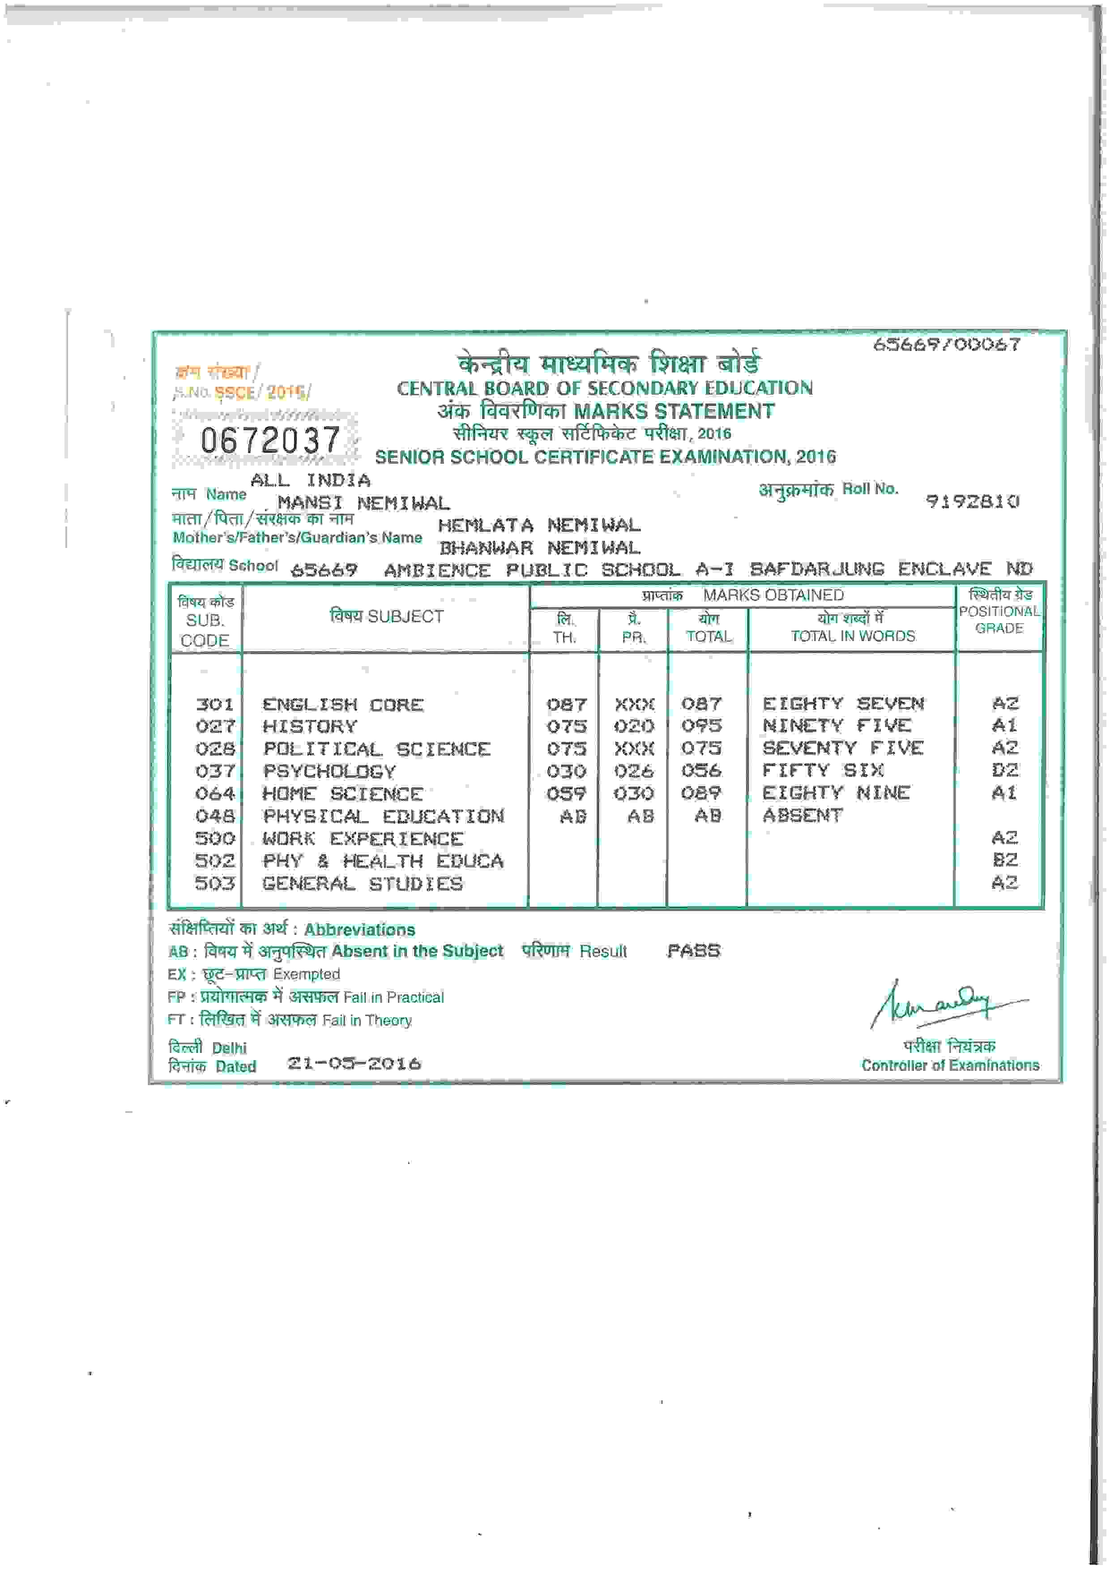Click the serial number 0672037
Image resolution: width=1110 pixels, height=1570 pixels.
click(270, 440)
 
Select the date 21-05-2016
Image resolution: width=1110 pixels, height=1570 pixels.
click(354, 1063)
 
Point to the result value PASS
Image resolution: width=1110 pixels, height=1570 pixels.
click(693, 950)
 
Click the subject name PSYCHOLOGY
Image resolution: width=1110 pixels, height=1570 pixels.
click(329, 771)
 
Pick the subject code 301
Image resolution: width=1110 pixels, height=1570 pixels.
click(215, 704)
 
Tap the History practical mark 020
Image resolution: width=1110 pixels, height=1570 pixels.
click(634, 726)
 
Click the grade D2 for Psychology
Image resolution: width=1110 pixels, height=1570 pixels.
click(1004, 770)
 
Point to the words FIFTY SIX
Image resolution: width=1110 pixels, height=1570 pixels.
click(823, 770)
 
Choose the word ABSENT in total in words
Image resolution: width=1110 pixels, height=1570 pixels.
click(803, 815)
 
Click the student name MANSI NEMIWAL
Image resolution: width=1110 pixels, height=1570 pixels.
click(363, 503)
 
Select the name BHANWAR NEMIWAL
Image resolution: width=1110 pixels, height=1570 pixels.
click(539, 548)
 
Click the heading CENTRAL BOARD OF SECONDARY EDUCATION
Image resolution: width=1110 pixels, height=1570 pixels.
click(604, 389)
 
